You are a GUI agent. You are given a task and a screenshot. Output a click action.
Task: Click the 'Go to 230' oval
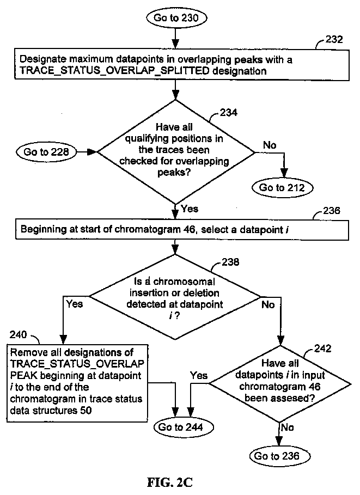(176, 17)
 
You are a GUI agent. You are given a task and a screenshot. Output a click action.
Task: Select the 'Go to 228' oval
(46, 152)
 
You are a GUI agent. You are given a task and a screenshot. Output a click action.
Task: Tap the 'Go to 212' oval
(282, 187)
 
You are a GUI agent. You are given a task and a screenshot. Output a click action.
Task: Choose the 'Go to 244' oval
(184, 427)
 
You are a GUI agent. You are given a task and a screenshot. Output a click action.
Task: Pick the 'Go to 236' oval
(277, 456)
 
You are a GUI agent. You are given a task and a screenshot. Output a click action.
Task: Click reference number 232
(334, 39)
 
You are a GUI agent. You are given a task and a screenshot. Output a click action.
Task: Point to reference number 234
(228, 112)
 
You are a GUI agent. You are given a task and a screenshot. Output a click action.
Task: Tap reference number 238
(230, 262)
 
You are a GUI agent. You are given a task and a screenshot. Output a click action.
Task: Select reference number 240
(18, 334)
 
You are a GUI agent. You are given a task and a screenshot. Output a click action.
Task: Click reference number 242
(323, 349)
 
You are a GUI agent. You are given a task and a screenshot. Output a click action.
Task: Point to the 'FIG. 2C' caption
(170, 482)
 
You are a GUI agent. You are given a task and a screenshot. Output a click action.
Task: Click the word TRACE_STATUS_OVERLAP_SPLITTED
(114, 71)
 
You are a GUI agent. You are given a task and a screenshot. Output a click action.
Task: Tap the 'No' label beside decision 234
(270, 145)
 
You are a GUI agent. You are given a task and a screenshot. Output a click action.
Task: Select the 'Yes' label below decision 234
(190, 209)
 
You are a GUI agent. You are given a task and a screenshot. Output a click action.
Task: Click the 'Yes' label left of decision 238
(75, 304)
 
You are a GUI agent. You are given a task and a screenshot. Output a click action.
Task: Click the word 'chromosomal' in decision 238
(184, 282)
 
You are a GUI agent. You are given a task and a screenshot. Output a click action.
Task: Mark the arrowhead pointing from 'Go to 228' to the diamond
(92, 152)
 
